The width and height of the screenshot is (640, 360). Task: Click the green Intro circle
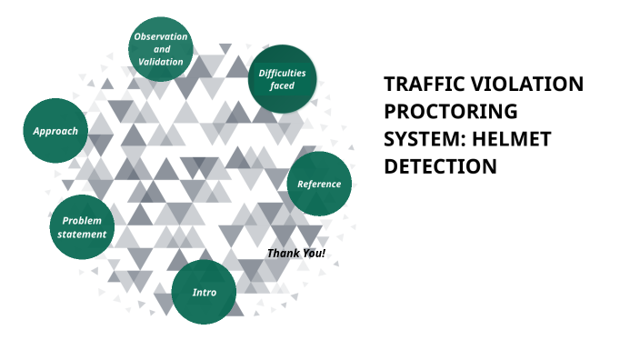click(x=205, y=292)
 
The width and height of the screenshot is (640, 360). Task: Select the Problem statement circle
click(x=82, y=227)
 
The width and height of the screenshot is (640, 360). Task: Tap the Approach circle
click(x=55, y=131)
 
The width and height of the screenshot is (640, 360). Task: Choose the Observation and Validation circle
click(x=161, y=49)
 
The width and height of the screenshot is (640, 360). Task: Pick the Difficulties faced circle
click(x=282, y=79)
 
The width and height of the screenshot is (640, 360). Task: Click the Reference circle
click(x=319, y=184)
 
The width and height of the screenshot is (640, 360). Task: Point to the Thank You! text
click(x=296, y=252)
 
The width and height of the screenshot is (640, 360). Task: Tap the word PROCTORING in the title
click(x=450, y=112)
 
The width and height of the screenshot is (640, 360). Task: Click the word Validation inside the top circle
click(x=161, y=62)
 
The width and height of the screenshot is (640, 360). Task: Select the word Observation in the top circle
click(x=161, y=36)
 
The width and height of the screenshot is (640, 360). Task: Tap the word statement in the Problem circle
click(x=82, y=235)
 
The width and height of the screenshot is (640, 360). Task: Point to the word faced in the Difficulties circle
click(x=282, y=85)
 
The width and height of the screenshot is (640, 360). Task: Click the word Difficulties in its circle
click(x=282, y=73)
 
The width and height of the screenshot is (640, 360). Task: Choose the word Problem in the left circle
click(x=82, y=221)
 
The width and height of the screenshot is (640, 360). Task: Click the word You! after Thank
click(x=312, y=252)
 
